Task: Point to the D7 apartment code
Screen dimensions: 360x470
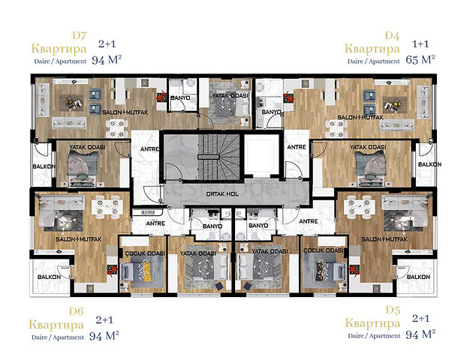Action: click(80, 35)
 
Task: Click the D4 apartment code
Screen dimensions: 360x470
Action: click(390, 35)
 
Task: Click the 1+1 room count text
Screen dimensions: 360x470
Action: click(421, 44)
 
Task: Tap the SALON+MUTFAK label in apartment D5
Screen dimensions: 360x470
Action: click(384, 239)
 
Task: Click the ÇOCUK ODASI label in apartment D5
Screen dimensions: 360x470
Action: click(324, 250)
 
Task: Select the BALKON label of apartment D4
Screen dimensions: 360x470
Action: click(429, 164)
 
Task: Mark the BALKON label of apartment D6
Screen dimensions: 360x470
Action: click(49, 277)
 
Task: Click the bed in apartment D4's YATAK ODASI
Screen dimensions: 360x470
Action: click(369, 166)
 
